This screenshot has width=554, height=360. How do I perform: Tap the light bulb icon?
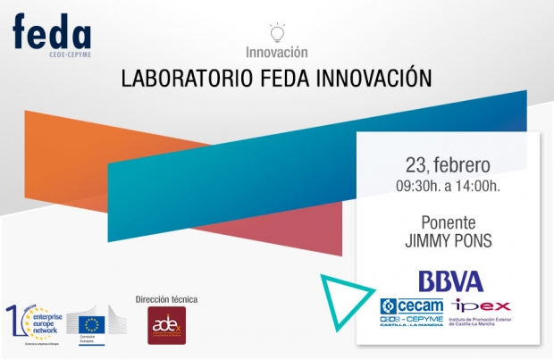276,33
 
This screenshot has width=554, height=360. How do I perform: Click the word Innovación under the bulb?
276,53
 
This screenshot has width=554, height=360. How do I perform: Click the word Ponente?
447,222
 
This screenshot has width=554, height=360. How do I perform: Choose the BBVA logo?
450,281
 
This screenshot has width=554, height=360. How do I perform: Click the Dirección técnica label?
165,299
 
